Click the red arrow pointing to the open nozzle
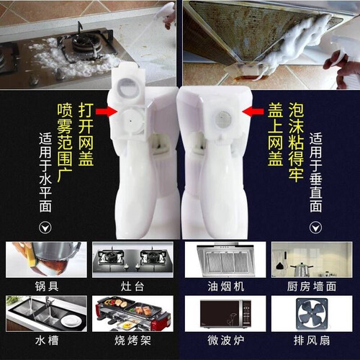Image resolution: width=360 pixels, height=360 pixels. [x=107, y=112]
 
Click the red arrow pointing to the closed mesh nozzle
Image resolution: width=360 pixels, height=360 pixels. [x=253, y=112]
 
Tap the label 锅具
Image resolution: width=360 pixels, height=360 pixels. [x=47, y=287]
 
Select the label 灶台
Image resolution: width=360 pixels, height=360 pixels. [x=132, y=287]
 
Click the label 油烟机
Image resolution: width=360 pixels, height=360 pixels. [x=226, y=287]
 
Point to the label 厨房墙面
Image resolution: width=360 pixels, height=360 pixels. [x=312, y=287]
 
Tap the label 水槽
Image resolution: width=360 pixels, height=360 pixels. [x=47, y=341]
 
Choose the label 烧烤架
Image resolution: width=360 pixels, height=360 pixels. [x=132, y=341]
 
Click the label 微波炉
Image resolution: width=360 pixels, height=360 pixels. [x=226, y=341]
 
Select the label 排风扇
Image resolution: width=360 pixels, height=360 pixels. [x=312, y=341]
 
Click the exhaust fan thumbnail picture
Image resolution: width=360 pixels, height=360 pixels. [x=312, y=314]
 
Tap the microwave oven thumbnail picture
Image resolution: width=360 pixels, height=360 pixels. [x=225, y=314]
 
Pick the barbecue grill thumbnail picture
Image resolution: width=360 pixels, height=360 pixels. [x=132, y=314]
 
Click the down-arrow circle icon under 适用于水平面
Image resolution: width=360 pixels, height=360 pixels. [x=45, y=228]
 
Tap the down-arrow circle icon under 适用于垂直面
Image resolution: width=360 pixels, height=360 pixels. [x=315, y=228]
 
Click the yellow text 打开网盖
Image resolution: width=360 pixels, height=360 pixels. [x=86, y=135]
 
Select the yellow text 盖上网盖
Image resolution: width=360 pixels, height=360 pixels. [x=276, y=135]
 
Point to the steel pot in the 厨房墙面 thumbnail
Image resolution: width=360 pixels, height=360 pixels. [x=301, y=270]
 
